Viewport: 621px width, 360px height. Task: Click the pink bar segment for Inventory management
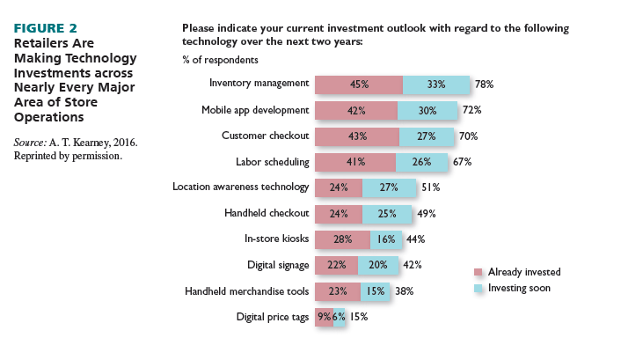point(358,84)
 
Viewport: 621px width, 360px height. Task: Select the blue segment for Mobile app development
point(427,111)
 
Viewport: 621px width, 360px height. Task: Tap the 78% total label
point(485,84)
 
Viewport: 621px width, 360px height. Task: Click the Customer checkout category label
point(265,136)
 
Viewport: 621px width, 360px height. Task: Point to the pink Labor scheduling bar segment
point(354,162)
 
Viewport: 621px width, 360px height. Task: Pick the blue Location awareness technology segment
point(390,187)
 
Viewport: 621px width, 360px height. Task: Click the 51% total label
point(430,187)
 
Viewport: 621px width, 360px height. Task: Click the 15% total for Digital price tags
point(359,317)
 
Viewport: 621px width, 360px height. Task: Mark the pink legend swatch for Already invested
point(479,273)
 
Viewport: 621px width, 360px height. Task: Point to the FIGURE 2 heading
point(47,28)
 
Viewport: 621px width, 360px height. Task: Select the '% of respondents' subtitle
point(220,60)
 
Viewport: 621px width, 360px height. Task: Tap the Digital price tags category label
point(273,317)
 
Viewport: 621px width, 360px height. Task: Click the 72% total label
point(472,111)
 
